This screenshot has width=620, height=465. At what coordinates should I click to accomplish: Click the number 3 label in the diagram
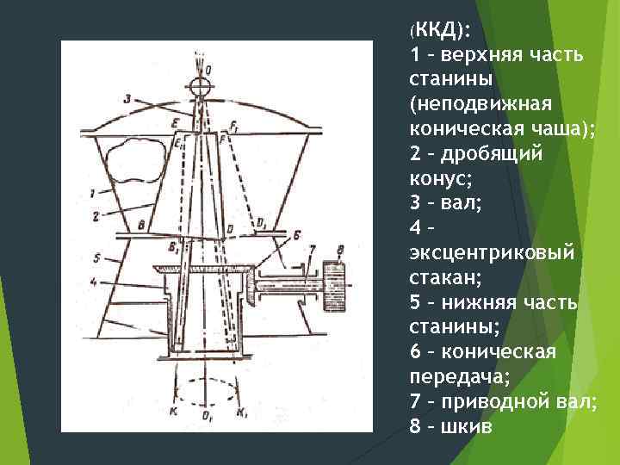127,100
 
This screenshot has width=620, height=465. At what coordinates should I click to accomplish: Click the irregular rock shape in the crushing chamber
139,159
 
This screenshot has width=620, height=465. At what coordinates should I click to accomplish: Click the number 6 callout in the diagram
295,233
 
